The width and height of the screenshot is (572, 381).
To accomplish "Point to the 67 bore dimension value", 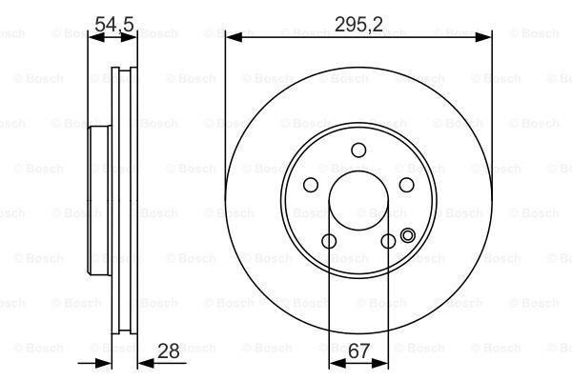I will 359,351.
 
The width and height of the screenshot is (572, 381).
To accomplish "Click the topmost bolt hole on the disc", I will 358,150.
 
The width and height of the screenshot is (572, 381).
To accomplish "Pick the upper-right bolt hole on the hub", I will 407,185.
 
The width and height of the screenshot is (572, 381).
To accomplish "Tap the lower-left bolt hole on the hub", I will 328,242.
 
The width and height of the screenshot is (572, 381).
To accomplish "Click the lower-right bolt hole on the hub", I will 388,242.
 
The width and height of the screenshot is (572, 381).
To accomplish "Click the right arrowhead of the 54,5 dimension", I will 133,37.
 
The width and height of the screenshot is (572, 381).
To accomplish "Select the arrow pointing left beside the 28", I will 144,363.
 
